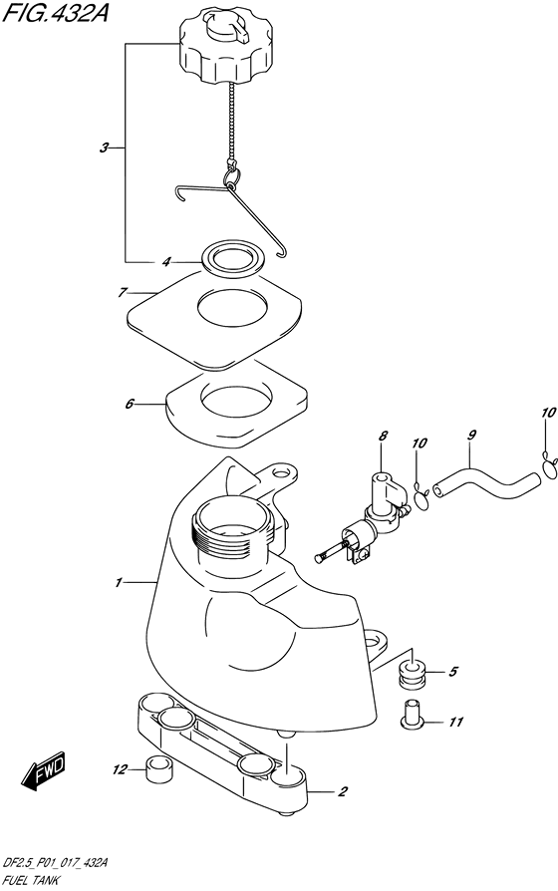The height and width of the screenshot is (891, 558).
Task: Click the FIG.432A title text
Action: click(55, 11)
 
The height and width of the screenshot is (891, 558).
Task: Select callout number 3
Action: click(104, 148)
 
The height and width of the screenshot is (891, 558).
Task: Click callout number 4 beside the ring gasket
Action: click(166, 262)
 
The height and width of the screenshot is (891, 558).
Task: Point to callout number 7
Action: click(122, 293)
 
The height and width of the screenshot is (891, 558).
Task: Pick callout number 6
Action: click(129, 404)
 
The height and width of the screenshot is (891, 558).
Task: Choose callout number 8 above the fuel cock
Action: click(383, 437)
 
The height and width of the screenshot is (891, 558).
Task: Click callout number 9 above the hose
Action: click(471, 436)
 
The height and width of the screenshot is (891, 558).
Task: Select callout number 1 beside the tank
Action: click(119, 582)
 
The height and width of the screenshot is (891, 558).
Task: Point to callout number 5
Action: click(452, 672)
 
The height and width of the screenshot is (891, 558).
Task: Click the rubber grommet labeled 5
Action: click(414, 675)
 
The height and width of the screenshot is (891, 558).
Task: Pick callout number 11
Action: click(455, 723)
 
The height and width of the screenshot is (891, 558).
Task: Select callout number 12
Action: click(120, 770)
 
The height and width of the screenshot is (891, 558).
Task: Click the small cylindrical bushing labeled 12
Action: click(158, 770)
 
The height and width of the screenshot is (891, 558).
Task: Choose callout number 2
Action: click(342, 791)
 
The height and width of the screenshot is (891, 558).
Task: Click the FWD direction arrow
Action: click(44, 771)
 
